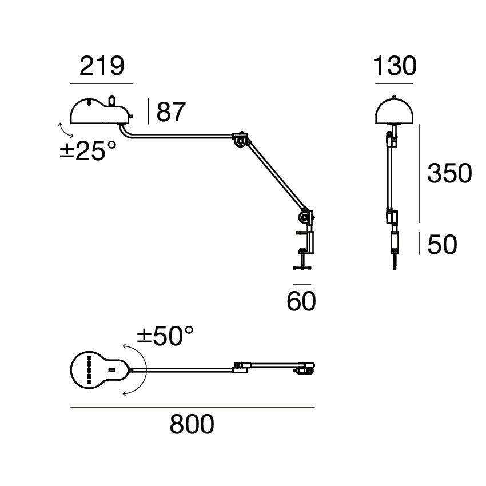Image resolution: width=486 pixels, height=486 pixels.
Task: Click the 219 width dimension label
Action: (x=101, y=67)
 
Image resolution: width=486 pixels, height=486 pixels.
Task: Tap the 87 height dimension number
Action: (x=172, y=112)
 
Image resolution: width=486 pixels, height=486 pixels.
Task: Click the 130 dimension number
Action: (x=394, y=67)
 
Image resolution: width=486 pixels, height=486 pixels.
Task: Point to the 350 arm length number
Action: (x=449, y=173)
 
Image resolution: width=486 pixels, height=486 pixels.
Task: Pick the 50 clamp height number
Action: (x=442, y=245)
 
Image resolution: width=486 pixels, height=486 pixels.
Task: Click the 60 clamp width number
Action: (x=301, y=301)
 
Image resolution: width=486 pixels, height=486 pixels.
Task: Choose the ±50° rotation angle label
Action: (x=165, y=336)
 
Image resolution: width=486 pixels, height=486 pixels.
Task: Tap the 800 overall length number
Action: (x=192, y=425)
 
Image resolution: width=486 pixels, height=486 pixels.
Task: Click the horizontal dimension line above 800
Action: (x=192, y=407)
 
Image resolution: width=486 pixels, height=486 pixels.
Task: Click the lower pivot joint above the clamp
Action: (x=306, y=217)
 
